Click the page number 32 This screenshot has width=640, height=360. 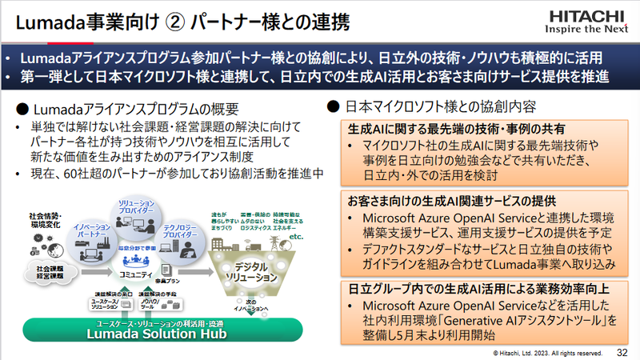622,351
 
